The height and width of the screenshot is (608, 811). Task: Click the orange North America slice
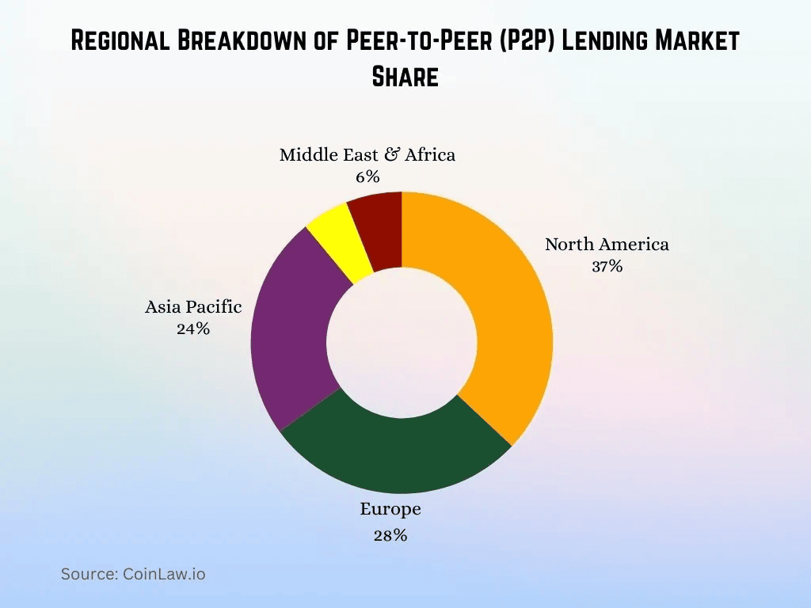pos(507,317)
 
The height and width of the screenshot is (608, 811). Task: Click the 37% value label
pos(607,267)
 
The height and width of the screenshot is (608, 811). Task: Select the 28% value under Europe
pos(390,536)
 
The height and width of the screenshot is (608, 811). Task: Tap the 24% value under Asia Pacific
pos(193,329)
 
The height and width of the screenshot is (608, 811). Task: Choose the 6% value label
pos(367,177)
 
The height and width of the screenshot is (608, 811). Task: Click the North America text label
pos(607,244)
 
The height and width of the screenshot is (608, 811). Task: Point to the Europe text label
pos(390,508)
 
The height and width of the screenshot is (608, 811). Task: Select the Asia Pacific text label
pos(193,306)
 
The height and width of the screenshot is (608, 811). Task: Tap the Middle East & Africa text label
pos(367,154)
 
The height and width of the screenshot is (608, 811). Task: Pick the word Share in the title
pos(405,77)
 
